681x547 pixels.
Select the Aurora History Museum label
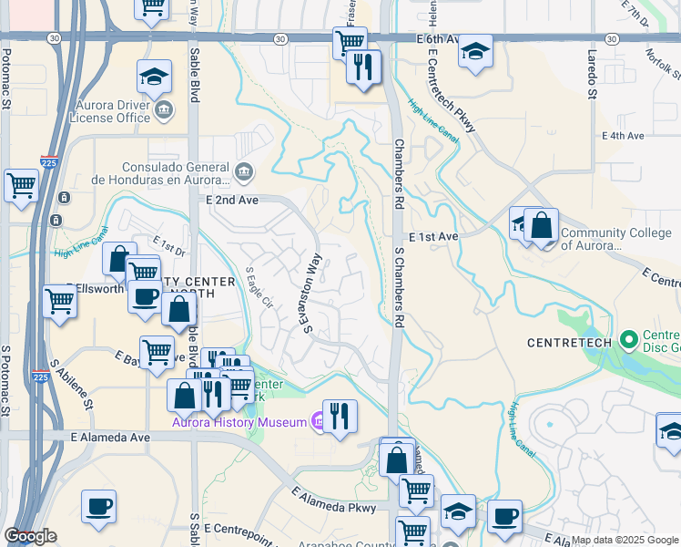tap(240, 421)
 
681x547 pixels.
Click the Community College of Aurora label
tap(617, 239)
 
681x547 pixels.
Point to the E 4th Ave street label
tap(623, 136)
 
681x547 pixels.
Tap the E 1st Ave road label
tap(433, 236)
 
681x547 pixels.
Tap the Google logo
tap(30, 536)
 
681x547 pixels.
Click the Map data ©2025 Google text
tap(624, 540)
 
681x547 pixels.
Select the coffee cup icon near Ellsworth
tap(144, 296)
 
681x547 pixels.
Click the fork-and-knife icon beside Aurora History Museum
tap(339, 415)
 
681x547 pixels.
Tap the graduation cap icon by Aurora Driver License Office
tap(155, 77)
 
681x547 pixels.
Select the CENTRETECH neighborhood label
tap(566, 343)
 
